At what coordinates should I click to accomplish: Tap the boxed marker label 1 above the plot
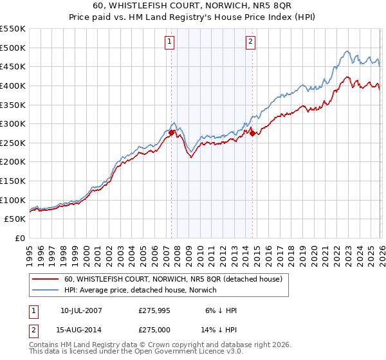click(169, 42)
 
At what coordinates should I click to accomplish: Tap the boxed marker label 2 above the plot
click(250, 42)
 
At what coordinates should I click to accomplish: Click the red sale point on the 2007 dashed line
click(172, 132)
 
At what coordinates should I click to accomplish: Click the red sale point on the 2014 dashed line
click(252, 133)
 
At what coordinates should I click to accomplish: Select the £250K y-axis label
click(13, 143)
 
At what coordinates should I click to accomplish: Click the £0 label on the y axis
click(19, 238)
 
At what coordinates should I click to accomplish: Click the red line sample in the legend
click(45, 279)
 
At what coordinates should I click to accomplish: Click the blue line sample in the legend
click(45, 290)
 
